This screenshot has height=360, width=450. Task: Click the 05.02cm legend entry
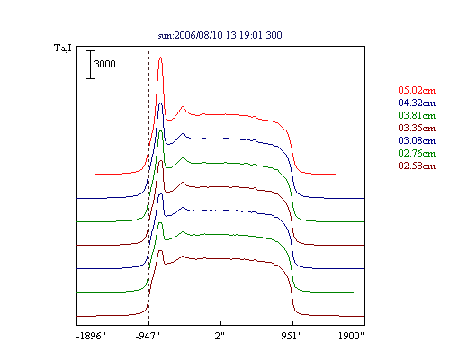(417, 90)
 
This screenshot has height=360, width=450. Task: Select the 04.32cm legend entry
(417, 103)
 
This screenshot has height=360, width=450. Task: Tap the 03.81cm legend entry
(417, 115)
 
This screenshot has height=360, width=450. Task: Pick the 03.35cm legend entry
(417, 128)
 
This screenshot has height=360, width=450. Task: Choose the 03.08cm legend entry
(417, 140)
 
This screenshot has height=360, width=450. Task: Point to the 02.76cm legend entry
(417, 153)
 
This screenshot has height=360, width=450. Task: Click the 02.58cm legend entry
(417, 166)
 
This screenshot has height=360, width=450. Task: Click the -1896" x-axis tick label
(91, 336)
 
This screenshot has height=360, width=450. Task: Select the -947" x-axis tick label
(148, 336)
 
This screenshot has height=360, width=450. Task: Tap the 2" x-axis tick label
(220, 336)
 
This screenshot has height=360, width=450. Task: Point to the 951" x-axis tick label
(292, 336)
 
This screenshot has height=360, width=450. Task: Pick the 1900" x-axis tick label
(351, 336)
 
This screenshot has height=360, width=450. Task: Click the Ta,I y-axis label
(63, 48)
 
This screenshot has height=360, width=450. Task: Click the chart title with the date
(220, 35)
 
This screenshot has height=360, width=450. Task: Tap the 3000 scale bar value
(104, 64)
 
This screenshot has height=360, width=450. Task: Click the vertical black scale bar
(91, 65)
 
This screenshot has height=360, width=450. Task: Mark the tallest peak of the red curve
(160, 58)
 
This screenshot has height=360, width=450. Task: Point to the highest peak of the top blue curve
(161, 103)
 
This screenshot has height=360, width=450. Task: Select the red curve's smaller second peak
(183, 106)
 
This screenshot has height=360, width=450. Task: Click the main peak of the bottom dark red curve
(160, 250)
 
